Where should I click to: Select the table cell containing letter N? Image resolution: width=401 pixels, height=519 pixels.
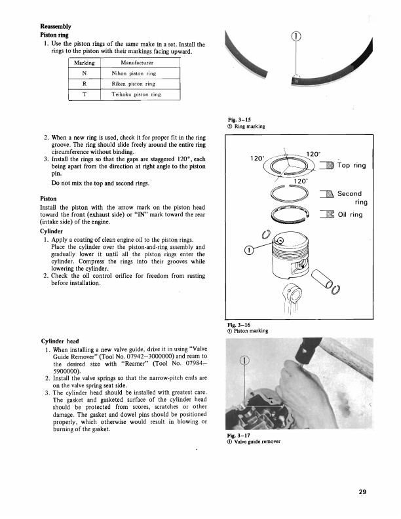(85, 73)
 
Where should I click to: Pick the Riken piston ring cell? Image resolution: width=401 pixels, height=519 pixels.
(133, 84)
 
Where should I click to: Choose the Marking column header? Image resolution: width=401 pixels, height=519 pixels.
(85, 63)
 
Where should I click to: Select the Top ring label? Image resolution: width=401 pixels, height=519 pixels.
(349, 166)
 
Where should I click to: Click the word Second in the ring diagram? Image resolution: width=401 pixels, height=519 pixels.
(349, 193)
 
